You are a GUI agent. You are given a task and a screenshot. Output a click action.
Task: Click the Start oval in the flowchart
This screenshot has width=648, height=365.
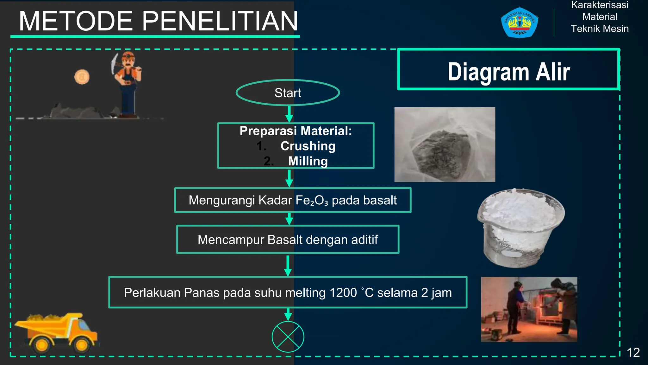pyautogui.click(x=288, y=93)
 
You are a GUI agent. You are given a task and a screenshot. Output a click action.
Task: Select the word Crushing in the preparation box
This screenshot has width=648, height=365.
pyautogui.click(x=308, y=146)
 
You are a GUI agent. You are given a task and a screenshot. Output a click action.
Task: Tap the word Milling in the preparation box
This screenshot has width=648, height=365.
pyautogui.click(x=308, y=161)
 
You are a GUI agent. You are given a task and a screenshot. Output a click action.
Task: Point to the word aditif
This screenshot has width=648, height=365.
pyautogui.click(x=364, y=240)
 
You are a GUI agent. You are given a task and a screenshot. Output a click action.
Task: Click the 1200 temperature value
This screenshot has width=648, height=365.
pyautogui.click(x=343, y=292)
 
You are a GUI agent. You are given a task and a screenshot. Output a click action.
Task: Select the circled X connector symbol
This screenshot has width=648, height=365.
pyautogui.click(x=288, y=336)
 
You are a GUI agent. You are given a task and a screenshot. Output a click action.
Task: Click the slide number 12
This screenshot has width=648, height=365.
pyautogui.click(x=633, y=352)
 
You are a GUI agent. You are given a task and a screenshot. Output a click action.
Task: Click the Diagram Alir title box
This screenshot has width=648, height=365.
pyautogui.click(x=508, y=69)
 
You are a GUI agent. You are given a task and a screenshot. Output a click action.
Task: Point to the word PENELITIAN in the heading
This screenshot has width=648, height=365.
pyautogui.click(x=220, y=21)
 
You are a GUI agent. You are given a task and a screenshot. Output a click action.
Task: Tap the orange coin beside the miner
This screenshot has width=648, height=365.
pyautogui.click(x=82, y=77)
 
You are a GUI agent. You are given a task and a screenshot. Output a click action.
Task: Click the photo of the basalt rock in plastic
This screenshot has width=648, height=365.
pyautogui.click(x=445, y=144)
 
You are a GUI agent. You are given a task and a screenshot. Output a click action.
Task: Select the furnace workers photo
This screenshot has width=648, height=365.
pyautogui.click(x=529, y=309)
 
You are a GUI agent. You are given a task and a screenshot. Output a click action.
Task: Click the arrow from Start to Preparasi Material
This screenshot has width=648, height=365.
pyautogui.click(x=289, y=114)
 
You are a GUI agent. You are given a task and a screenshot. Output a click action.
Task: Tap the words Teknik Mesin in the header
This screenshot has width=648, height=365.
pyautogui.click(x=600, y=29)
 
